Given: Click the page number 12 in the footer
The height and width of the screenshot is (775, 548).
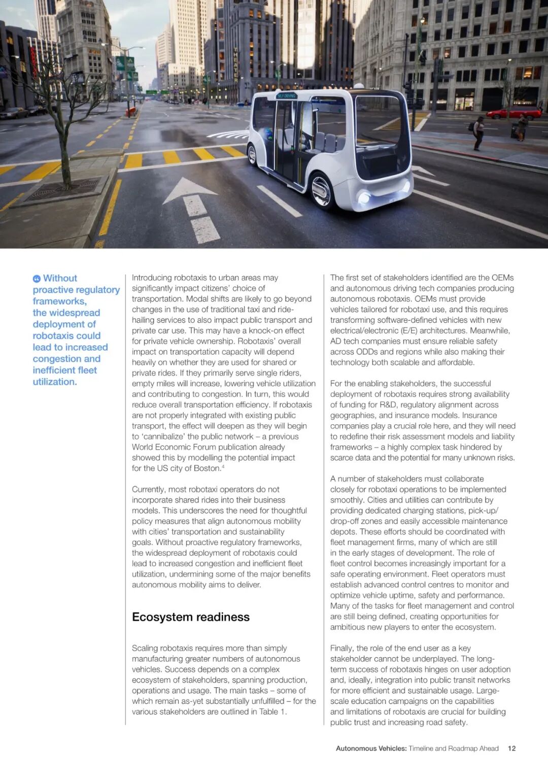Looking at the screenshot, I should (511, 748).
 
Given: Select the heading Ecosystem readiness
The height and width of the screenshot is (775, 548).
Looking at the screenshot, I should (191, 617).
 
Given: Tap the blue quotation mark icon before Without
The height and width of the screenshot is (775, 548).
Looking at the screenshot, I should (37, 279).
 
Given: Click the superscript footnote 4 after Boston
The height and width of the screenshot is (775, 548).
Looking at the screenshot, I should (223, 466).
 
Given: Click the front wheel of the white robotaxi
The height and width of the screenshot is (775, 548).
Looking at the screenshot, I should (321, 191).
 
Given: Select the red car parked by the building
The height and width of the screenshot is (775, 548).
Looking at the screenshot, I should (513, 113).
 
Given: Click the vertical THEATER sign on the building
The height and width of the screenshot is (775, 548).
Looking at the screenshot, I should (235, 65).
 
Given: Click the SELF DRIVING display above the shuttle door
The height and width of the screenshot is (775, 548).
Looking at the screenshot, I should (287, 95).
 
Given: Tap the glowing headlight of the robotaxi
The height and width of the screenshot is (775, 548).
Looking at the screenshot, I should (364, 197).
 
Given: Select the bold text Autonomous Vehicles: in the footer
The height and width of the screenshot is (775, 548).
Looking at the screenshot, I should (371, 748).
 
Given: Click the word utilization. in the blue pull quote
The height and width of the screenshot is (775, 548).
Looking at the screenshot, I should (55, 382).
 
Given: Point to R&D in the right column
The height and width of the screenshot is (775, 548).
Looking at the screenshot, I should (389, 405).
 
